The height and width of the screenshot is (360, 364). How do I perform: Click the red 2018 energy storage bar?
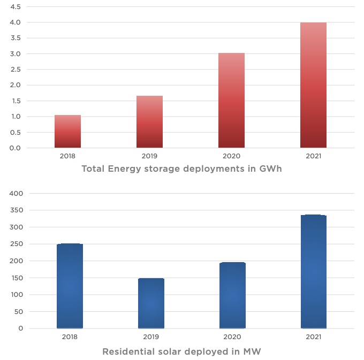(x=67, y=132)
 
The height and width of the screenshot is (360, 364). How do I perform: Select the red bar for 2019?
(x=149, y=122)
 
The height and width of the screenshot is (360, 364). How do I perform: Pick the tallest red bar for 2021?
(x=313, y=85)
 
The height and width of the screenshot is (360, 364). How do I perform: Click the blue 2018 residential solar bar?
(x=70, y=286)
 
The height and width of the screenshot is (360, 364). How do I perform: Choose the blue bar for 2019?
(x=151, y=303)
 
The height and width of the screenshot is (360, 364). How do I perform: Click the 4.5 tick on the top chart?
(x=15, y=7)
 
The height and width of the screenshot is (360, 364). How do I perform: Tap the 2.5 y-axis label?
(x=15, y=70)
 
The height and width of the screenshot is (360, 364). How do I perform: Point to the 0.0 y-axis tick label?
(x=15, y=148)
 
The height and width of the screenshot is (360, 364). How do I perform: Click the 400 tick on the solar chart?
(x=17, y=194)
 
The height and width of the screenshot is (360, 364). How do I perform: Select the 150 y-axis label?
(x=17, y=278)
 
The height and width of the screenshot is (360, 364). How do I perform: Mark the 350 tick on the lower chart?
(x=17, y=210)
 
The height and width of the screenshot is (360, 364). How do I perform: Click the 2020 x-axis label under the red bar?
(x=231, y=156)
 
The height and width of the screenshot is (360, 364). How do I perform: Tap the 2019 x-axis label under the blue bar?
(x=151, y=337)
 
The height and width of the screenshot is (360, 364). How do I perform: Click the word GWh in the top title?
(x=269, y=169)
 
